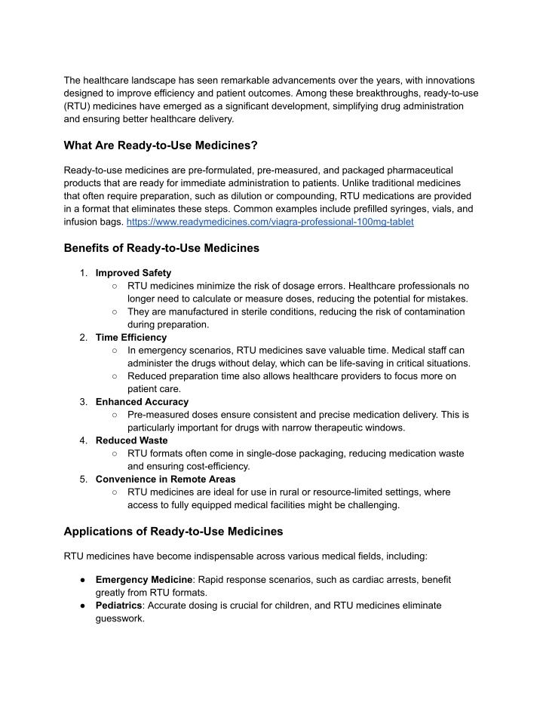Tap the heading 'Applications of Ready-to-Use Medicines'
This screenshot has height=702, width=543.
coord(173,531)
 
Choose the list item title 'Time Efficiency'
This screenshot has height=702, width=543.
coord(131,337)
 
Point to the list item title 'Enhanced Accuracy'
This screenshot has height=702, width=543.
coord(142,402)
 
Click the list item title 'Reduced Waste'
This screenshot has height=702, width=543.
coord(131,440)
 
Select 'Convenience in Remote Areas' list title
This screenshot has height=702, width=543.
coord(165,478)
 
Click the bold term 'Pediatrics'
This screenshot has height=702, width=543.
coord(122,605)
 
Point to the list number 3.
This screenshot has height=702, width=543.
coord(84,402)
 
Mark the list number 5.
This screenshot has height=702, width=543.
coord(84,478)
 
